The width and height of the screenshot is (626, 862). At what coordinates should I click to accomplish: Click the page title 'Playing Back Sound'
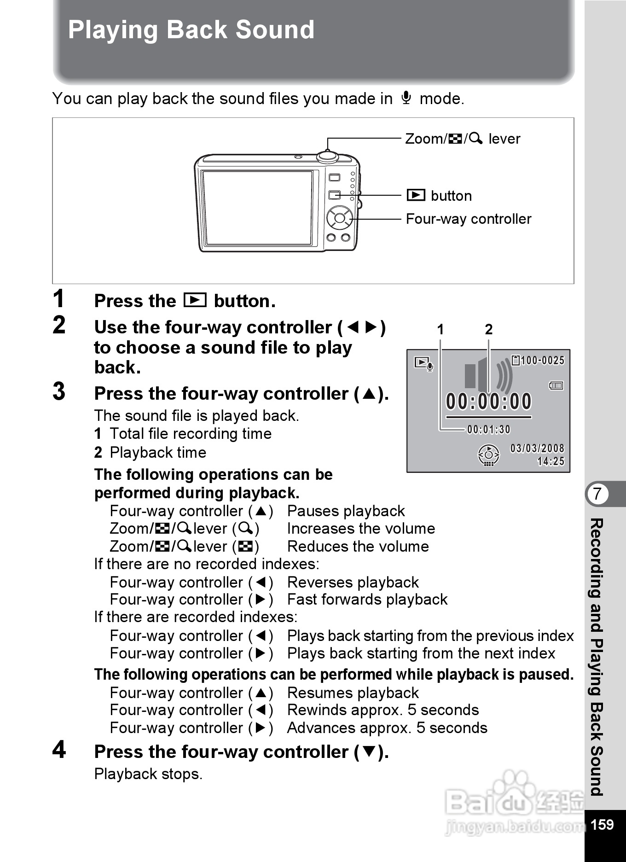tap(191, 30)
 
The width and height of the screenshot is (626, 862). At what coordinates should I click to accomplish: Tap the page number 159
tap(602, 824)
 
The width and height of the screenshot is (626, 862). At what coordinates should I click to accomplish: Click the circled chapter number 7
tap(597, 494)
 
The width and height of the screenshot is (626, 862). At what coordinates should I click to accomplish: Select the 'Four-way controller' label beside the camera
tap(468, 219)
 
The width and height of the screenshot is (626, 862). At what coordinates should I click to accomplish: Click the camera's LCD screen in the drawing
tap(258, 208)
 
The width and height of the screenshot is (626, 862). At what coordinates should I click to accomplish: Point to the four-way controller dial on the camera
tap(340, 218)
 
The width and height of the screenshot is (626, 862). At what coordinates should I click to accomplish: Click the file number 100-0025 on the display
tap(542, 360)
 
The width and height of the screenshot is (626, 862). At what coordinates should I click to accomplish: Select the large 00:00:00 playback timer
tap(488, 402)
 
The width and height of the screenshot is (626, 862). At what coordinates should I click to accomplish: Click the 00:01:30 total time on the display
tap(488, 430)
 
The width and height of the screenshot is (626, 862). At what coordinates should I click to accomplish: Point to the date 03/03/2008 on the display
tap(537, 448)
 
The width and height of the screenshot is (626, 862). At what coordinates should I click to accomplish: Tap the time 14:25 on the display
tap(551, 461)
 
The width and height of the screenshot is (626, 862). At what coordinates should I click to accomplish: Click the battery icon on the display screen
tap(556, 385)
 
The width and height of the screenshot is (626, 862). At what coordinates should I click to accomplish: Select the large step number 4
tap(59, 749)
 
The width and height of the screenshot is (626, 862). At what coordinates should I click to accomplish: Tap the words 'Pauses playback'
tap(346, 511)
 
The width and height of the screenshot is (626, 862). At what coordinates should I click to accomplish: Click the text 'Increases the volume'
tap(361, 529)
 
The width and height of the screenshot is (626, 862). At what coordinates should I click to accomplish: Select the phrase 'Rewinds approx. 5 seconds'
tap(383, 710)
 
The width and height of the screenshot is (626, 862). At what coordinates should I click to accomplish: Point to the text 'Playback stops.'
tap(148, 774)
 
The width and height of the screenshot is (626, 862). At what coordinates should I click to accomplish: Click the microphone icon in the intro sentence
tap(406, 98)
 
